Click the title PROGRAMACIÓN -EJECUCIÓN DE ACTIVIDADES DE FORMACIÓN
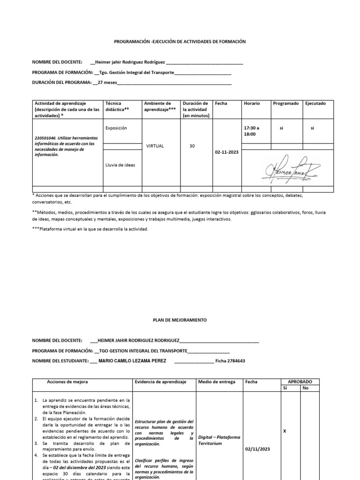(180, 42)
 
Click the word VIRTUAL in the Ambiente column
(155, 146)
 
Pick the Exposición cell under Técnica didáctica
(116, 127)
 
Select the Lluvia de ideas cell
(120, 165)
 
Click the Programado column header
(285, 103)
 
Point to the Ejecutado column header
(315, 103)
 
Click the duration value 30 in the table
(192, 146)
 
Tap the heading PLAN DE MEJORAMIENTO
(180, 320)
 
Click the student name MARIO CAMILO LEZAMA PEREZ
(134, 361)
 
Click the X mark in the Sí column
(286, 430)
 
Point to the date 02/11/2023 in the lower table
(257, 449)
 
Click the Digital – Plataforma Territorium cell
(219, 440)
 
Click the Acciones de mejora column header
(67, 382)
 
